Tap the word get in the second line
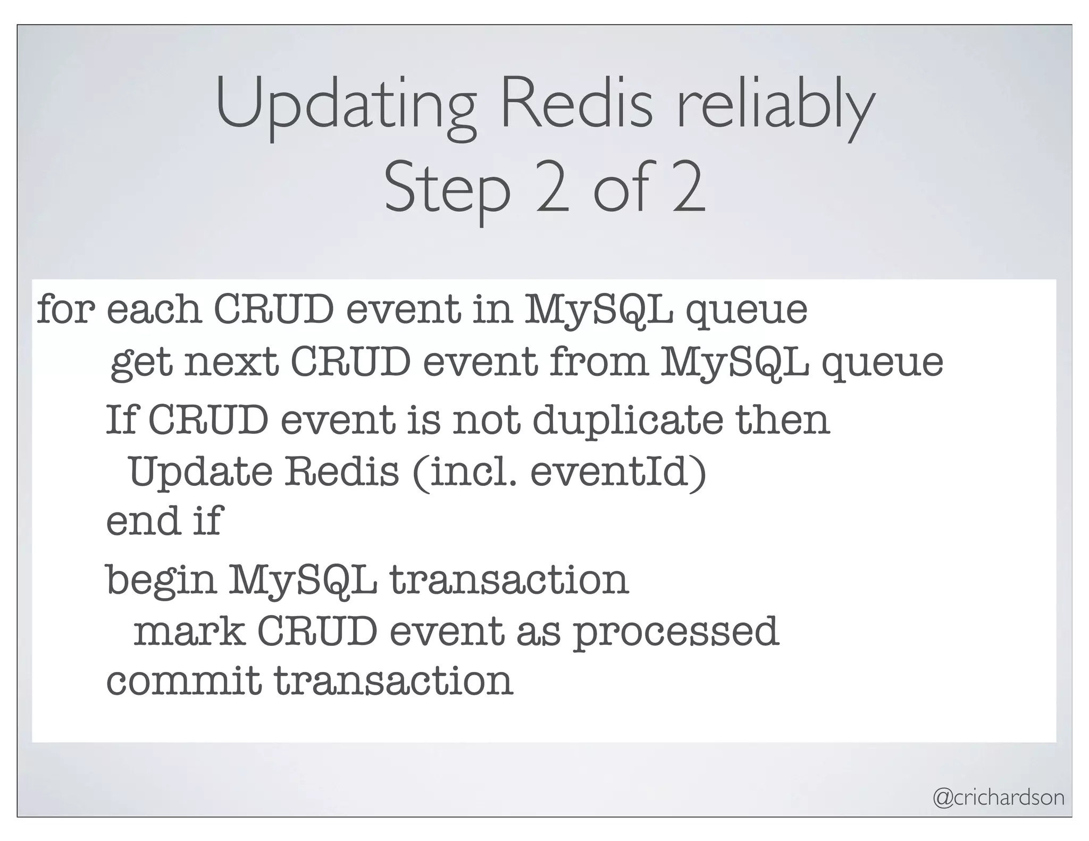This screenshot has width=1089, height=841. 141,365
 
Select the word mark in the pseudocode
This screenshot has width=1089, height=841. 189,632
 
